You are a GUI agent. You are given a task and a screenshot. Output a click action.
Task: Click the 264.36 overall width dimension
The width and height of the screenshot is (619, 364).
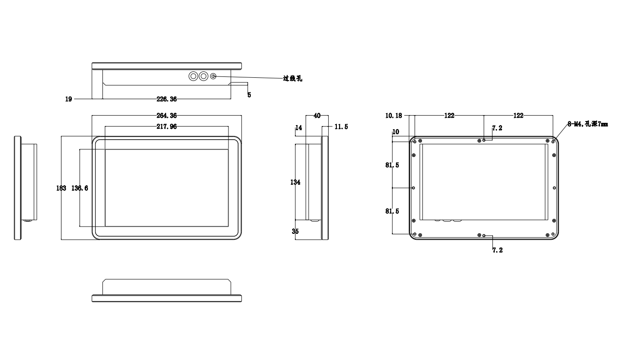[167, 116]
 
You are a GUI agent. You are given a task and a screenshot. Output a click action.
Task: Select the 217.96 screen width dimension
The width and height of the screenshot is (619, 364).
[167, 127]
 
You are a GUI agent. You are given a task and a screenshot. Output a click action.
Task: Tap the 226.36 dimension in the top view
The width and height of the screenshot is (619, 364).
[167, 99]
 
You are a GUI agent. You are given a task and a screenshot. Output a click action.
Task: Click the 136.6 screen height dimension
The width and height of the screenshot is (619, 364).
[80, 188]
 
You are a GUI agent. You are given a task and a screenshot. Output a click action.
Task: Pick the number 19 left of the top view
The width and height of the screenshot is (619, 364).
[68, 99]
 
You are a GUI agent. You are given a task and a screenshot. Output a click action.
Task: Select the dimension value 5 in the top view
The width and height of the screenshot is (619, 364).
[249, 95]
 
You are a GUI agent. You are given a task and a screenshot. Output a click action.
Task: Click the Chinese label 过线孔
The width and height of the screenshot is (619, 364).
[292, 79]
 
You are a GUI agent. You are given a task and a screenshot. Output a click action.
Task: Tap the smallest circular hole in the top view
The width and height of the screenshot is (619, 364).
[214, 77]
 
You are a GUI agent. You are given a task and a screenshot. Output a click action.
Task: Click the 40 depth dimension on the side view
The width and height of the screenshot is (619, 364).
[317, 116]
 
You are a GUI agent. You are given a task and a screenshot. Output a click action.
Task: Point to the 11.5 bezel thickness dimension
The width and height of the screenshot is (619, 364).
[341, 127]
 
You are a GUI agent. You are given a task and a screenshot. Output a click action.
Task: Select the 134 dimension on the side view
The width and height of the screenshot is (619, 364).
[296, 182]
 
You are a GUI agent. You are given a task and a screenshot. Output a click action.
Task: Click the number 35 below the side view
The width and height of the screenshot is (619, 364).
[295, 231]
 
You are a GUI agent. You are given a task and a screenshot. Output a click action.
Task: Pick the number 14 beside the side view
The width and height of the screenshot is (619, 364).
[299, 128]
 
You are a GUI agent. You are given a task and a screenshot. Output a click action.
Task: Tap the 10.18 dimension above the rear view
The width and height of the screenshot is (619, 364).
[394, 116]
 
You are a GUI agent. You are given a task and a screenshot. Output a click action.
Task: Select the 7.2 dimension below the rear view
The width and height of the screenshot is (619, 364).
[497, 250]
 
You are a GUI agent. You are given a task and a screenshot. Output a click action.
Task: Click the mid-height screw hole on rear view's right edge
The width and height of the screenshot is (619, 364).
[554, 187]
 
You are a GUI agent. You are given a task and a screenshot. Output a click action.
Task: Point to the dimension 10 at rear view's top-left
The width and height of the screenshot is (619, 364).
[395, 132]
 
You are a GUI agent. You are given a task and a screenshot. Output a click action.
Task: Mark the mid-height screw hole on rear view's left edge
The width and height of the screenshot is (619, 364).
[413, 187]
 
